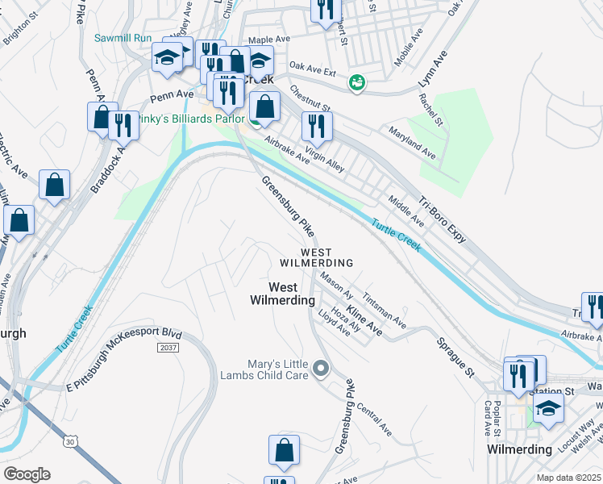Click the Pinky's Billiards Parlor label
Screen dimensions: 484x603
[181, 119]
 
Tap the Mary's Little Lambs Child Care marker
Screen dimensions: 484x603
[322, 369]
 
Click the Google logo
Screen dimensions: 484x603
[27, 474]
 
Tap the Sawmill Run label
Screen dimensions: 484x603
[123, 38]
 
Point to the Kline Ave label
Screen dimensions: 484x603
[364, 319]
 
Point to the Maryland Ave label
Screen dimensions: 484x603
[411, 141]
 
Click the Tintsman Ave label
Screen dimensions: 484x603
[385, 310]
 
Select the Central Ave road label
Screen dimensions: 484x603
[374, 419]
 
